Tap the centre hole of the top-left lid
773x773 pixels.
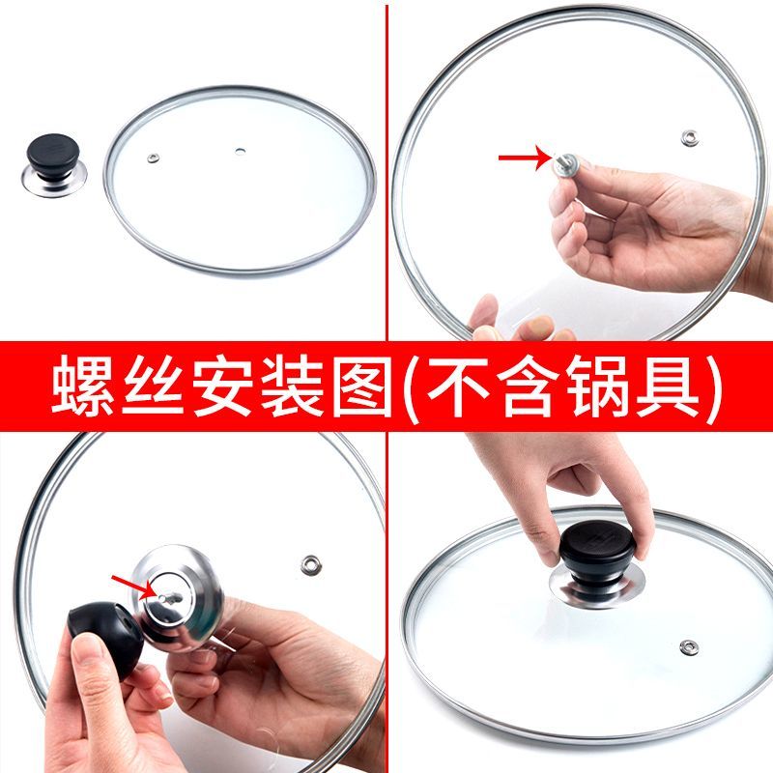click(x=240, y=152)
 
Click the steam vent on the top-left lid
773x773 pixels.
click(x=154, y=158)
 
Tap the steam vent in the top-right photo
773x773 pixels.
click(x=689, y=137)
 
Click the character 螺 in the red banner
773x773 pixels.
click(x=82, y=386)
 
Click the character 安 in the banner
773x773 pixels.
click(x=222, y=386)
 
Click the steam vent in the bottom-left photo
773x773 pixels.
click(x=310, y=565)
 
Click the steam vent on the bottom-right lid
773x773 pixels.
click(x=689, y=647)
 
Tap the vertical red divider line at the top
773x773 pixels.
click(x=387, y=173)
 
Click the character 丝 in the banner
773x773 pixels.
click(x=153, y=386)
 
